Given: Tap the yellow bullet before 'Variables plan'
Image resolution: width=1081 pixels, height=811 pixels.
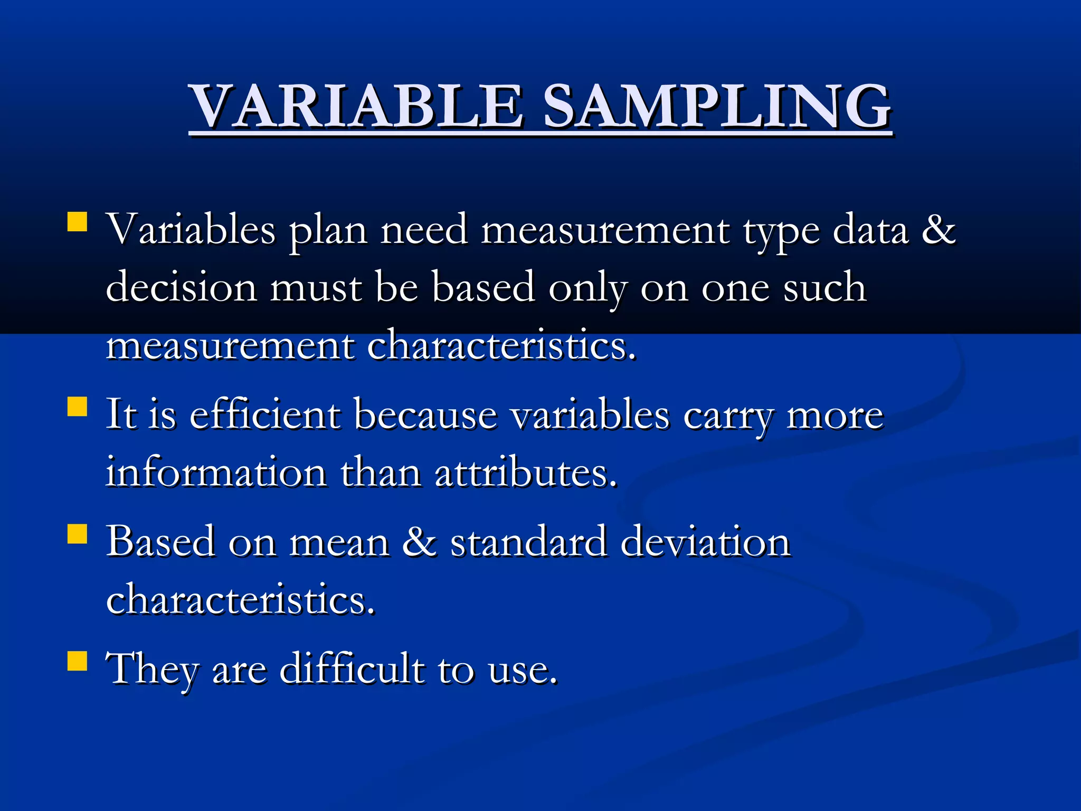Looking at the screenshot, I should [77, 222].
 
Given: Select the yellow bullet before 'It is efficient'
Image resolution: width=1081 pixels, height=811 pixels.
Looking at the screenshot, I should [77, 407].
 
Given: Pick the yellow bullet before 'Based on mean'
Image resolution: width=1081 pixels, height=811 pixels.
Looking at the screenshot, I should [77, 534].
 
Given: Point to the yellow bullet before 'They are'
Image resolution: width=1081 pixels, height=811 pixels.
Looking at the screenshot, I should [77, 660].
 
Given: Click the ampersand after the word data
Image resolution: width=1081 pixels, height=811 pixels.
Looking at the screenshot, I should [938, 230].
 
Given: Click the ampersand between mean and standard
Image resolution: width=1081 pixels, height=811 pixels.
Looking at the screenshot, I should [419, 542].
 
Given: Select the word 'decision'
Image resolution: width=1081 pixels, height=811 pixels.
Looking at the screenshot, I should [181, 288].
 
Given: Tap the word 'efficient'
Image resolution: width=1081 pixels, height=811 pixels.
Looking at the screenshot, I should [264, 415].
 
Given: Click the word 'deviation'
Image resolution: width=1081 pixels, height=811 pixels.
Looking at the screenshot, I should [705, 542].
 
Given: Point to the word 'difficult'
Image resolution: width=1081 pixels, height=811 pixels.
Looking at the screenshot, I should [352, 669].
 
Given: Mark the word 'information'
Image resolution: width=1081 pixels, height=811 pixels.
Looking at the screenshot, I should [216, 473].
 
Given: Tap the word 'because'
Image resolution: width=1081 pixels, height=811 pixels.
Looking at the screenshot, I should [425, 415].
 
